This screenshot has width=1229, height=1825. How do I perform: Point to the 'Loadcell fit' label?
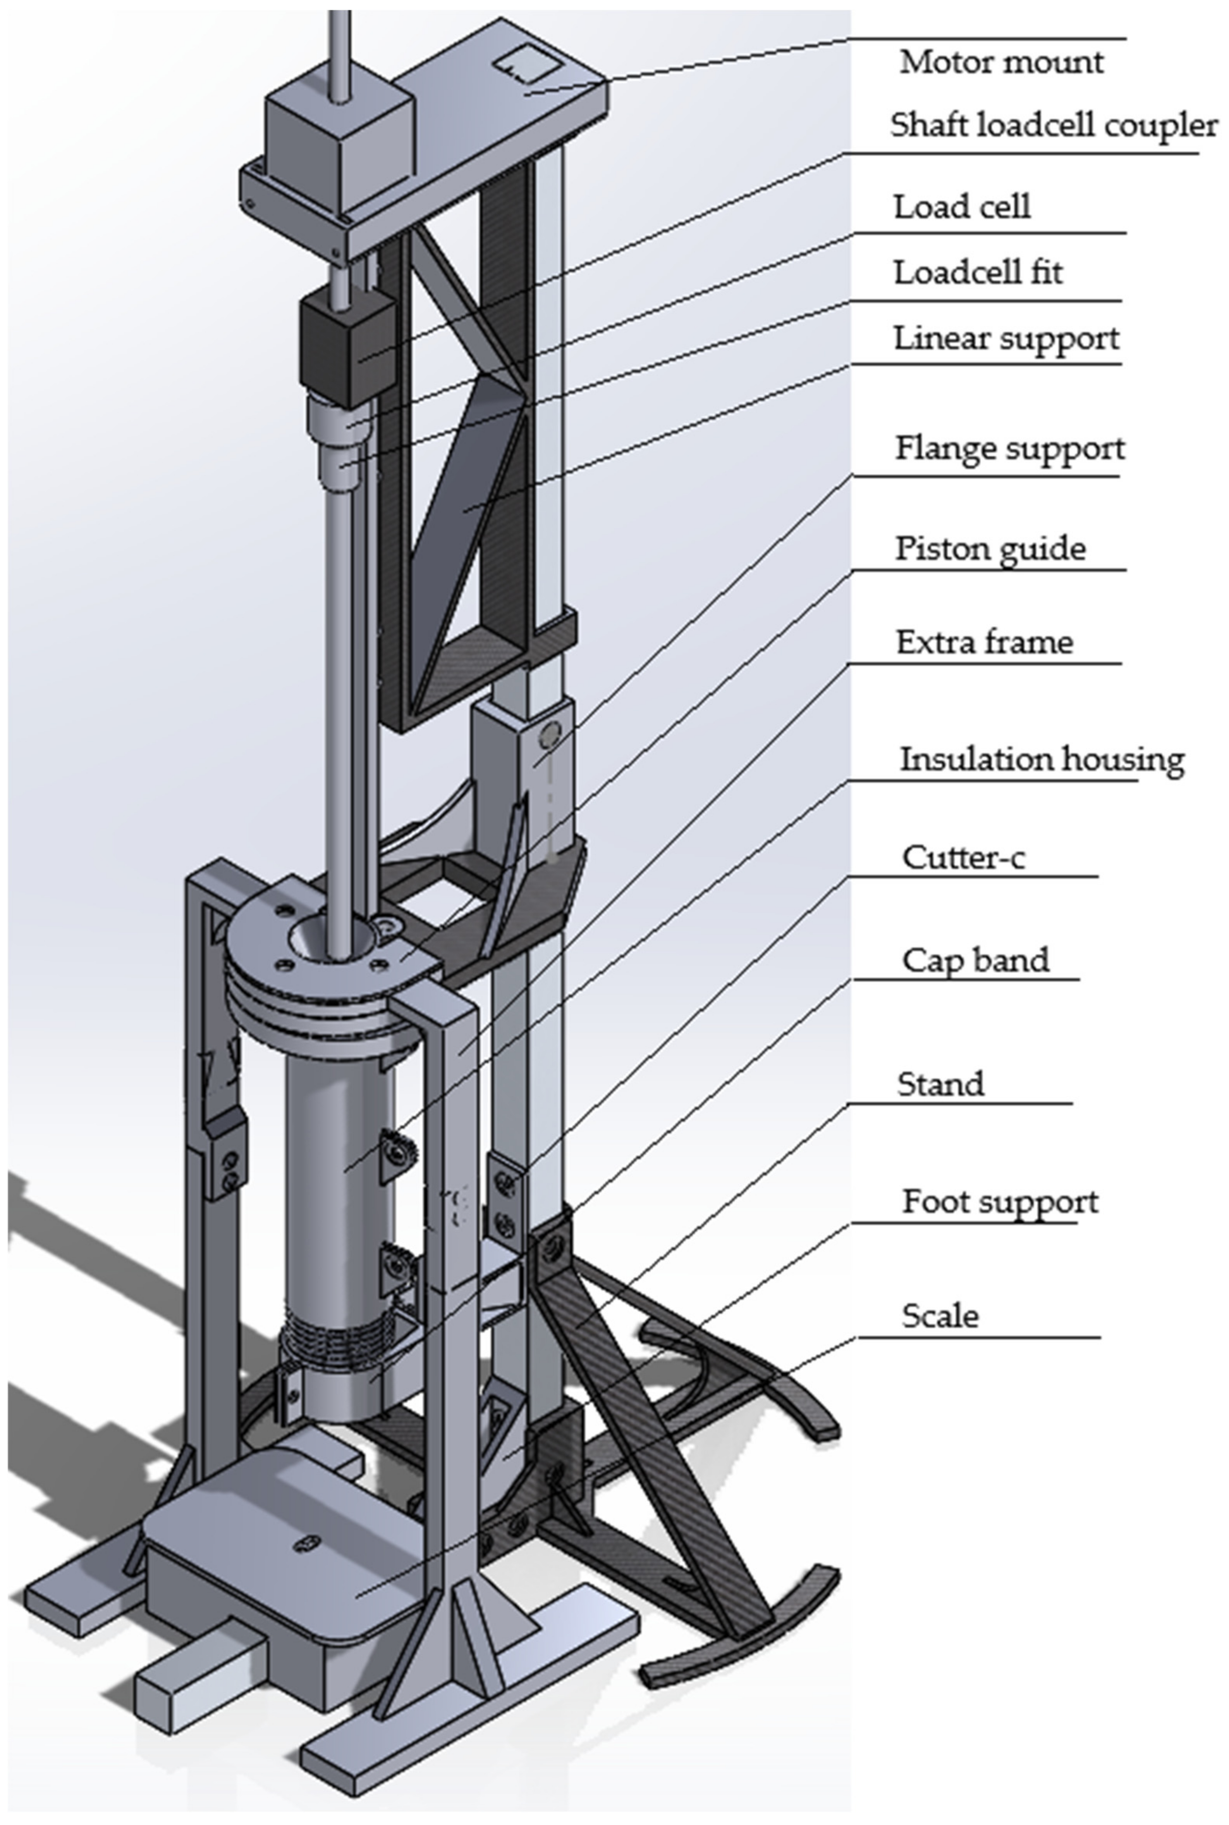(x=978, y=272)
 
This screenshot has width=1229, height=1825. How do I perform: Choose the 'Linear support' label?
(x=1006, y=338)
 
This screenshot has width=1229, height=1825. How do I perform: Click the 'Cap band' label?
(x=975, y=959)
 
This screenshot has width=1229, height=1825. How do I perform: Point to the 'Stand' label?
(x=940, y=1084)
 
